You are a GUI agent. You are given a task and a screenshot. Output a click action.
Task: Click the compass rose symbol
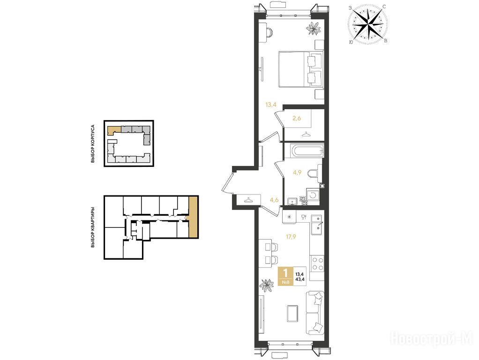coord(368,24)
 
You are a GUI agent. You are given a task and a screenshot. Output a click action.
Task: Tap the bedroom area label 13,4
coord(270,105)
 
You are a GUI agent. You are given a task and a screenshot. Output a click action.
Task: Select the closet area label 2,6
coord(297,118)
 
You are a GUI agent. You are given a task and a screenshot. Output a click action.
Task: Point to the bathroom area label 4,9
coord(297,172)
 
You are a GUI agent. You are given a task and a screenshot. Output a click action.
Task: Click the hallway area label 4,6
coord(274,200)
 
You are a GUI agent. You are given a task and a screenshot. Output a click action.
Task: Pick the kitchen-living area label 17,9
coord(291,236)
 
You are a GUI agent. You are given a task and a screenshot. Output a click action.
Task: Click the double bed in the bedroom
coord(301,69)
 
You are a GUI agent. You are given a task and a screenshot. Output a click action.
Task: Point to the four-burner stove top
coord(317,264)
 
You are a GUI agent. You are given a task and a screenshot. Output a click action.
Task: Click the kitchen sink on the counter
coord(316,225)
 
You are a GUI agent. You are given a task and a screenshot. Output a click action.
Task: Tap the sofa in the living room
coord(315,313)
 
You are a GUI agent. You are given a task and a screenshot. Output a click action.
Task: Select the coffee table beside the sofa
coord(292,313)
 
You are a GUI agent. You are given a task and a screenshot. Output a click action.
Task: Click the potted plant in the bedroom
coord(314,29)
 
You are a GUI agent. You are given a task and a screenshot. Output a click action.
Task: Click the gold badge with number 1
coord(285,276)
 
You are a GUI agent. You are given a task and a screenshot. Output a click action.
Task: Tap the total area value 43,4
coord(299,279)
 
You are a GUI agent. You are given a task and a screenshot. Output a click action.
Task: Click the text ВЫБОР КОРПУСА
coord(93,143)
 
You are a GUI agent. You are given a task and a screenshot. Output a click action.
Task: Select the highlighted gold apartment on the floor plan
coord(193,217)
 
